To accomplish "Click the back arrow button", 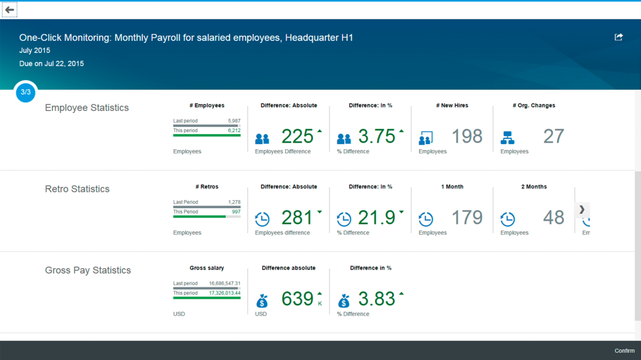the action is (9, 10).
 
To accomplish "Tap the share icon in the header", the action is (619, 37).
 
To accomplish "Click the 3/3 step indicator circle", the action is (26, 92).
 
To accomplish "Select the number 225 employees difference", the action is (297, 136).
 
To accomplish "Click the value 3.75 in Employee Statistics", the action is (376, 136).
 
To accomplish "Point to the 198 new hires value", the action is (467, 136).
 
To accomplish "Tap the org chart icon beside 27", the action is (508, 138).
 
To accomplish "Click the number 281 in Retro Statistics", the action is (297, 217).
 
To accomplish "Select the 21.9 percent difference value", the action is (376, 217).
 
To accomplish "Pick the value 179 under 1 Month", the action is (467, 217).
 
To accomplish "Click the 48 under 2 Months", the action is (553, 217).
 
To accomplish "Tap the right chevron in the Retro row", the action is (582, 209).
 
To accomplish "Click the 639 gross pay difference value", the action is (297, 299).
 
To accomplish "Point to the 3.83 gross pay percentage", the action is (376, 299).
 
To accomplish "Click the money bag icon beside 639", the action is (262, 301).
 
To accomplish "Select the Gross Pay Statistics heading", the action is (88, 270).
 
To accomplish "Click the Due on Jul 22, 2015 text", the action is (51, 63).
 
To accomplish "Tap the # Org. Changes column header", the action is (534, 105).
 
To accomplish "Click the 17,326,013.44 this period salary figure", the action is (225, 293).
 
